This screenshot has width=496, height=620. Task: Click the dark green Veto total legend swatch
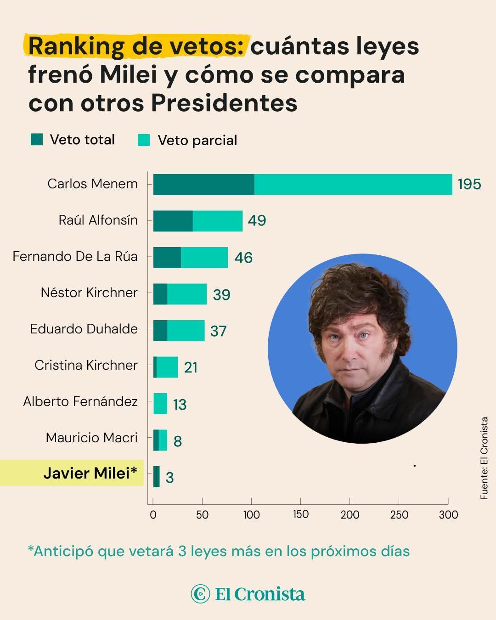37,139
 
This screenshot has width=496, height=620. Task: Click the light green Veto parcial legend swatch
144,140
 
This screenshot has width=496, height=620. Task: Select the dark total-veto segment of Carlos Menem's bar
203,184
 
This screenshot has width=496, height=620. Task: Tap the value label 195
469,184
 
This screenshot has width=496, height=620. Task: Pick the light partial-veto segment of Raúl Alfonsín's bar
217,221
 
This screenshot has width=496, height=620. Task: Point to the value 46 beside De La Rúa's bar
243,257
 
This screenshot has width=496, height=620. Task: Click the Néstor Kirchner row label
89,293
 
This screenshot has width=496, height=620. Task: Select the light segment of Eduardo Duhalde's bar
186,331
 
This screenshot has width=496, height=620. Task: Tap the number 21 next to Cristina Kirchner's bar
191,367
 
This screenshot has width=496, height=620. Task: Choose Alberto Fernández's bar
160,404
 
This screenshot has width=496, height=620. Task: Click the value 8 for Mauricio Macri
177,441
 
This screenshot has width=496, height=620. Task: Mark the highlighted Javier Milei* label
90,473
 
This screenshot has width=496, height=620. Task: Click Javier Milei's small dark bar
157,477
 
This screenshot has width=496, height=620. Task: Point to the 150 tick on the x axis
300,514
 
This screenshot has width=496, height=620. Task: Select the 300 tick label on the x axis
448,515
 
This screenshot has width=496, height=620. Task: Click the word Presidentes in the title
225,103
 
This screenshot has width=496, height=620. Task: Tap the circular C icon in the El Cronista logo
200,594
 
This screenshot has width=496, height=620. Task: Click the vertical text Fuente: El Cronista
484,458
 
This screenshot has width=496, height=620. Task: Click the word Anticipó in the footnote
61,551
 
